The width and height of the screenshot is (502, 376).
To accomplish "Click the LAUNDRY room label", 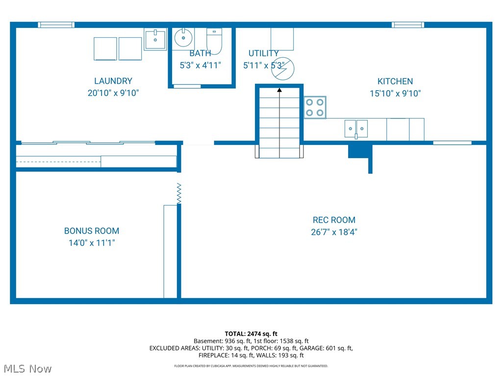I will pyautogui.click(x=113, y=81).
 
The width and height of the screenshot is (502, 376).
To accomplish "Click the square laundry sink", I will pyautogui.click(x=155, y=39).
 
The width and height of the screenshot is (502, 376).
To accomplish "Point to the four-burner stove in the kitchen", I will pyautogui.click(x=315, y=107).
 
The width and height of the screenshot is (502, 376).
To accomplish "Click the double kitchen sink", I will pyautogui.click(x=356, y=129).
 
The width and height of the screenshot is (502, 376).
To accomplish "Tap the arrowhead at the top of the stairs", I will pyautogui.click(x=279, y=90).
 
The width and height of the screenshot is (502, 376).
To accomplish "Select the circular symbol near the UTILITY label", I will pyautogui.click(x=282, y=69).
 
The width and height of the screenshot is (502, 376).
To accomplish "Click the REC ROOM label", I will pyautogui.click(x=334, y=220).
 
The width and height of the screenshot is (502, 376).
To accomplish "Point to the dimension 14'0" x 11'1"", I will pyautogui.click(x=92, y=242).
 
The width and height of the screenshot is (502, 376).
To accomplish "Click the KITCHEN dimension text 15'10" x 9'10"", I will pyautogui.click(x=395, y=94).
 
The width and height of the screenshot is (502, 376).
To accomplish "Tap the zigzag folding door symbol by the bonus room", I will pyautogui.click(x=179, y=193).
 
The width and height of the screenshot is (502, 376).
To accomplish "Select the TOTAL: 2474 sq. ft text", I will pyautogui.click(x=251, y=333).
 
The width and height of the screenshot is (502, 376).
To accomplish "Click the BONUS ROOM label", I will pyautogui.click(x=92, y=231).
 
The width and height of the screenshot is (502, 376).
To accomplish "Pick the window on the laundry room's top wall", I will pyautogui.click(x=56, y=24).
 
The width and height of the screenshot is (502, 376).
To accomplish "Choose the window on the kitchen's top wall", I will pyautogui.click(x=407, y=24).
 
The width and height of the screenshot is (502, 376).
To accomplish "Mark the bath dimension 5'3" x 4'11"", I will pyautogui.click(x=200, y=65).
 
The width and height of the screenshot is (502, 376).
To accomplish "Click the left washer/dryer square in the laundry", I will pyautogui.click(x=105, y=48).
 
